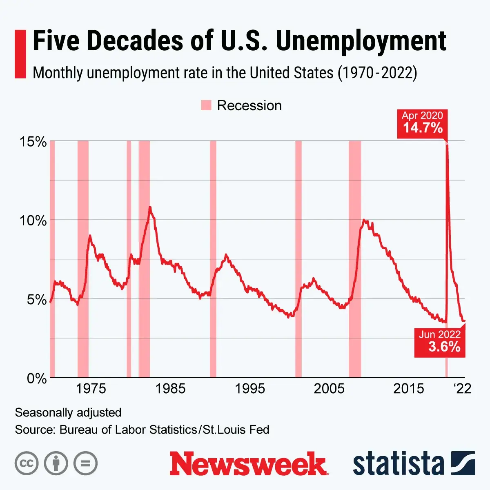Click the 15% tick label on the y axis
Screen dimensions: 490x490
33,142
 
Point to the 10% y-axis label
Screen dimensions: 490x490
33,221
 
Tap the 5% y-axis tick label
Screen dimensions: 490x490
37,300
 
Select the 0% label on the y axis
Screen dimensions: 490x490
37,379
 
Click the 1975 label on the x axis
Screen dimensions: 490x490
91,389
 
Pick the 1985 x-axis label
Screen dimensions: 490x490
170,389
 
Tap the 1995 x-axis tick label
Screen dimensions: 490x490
250,389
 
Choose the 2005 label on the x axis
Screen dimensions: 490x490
329,389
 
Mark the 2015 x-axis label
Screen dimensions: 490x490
409,389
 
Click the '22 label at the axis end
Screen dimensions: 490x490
463,389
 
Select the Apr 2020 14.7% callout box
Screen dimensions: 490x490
422,122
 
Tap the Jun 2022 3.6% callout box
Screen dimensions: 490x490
440,342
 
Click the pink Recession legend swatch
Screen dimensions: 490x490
206,105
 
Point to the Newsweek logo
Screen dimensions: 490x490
249,463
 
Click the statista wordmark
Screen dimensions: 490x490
398,464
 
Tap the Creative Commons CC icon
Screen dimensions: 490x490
27,463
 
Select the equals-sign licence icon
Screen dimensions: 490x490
86,463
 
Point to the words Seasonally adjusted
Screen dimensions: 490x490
68,412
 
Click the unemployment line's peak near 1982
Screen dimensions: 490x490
150,207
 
